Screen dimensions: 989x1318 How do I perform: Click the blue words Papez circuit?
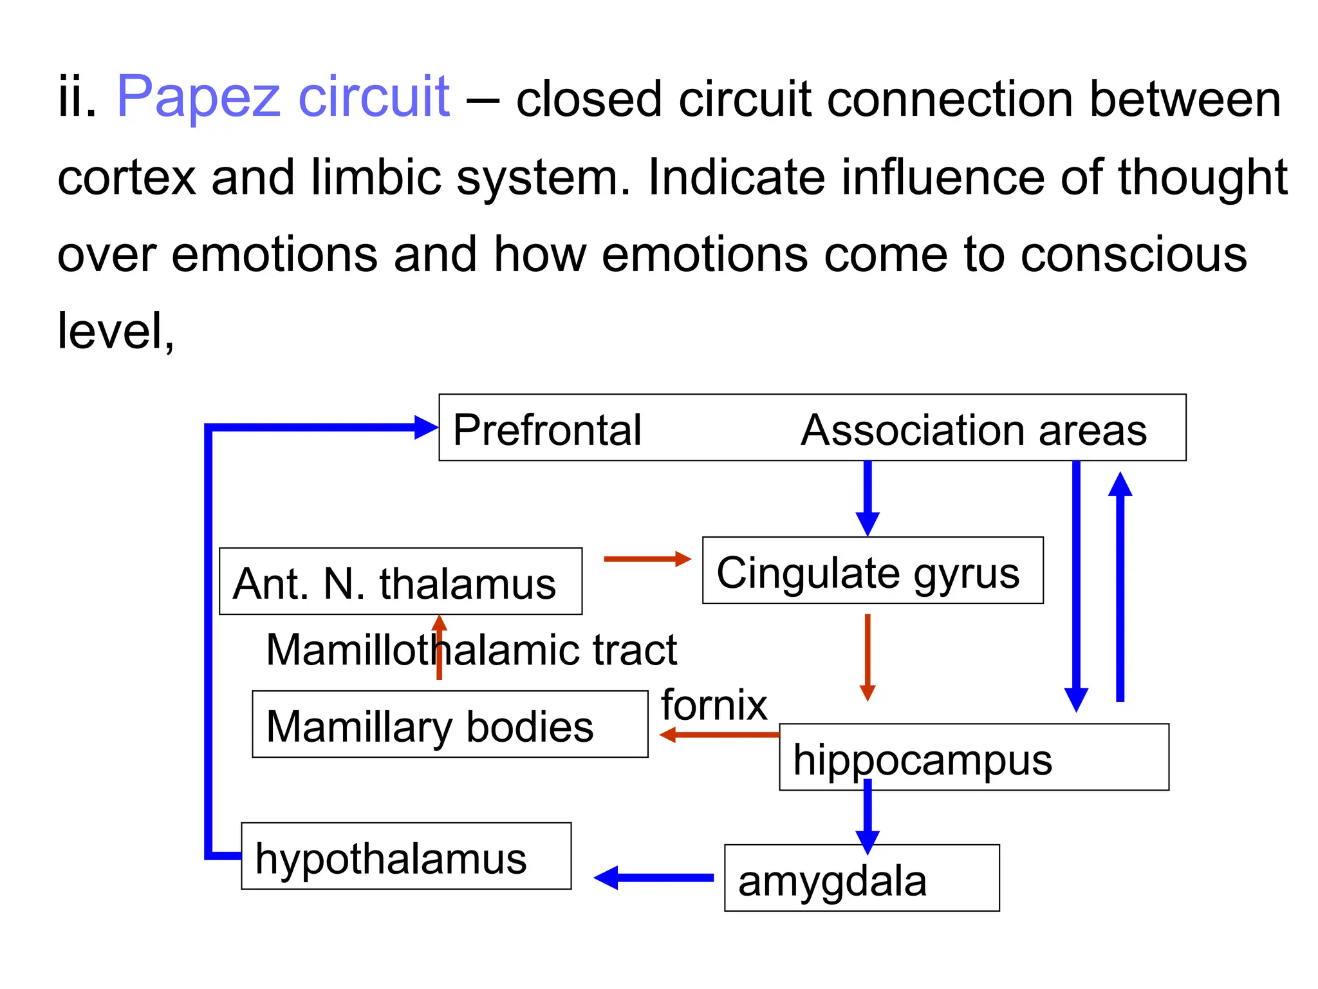click(x=283, y=98)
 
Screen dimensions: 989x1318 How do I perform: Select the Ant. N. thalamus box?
click(x=400, y=581)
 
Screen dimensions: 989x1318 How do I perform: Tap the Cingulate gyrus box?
click(x=872, y=570)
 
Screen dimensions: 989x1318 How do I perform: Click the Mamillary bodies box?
click(x=450, y=724)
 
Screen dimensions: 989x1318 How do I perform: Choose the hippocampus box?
click(x=973, y=758)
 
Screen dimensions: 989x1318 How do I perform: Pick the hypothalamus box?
click(x=406, y=856)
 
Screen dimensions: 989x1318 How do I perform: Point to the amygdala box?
click(x=862, y=878)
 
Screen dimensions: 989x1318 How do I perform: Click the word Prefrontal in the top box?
click(x=547, y=429)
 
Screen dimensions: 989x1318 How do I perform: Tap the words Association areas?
click(x=973, y=429)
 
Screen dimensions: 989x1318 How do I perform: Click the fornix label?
click(x=714, y=705)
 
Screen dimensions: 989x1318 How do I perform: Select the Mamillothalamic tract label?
click(x=471, y=650)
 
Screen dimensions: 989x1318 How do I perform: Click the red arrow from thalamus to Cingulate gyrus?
click(x=647, y=559)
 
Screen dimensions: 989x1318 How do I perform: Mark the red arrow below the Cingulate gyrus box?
click(x=868, y=657)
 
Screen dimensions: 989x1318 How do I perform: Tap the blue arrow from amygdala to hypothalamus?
click(x=653, y=878)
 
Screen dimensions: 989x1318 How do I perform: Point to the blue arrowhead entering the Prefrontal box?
click(x=426, y=428)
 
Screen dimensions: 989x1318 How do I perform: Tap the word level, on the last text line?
click(x=116, y=331)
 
